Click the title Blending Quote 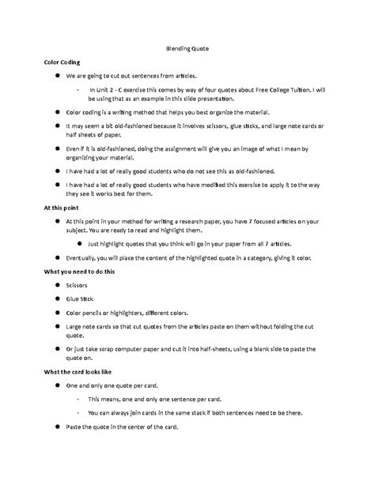point(187,47)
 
